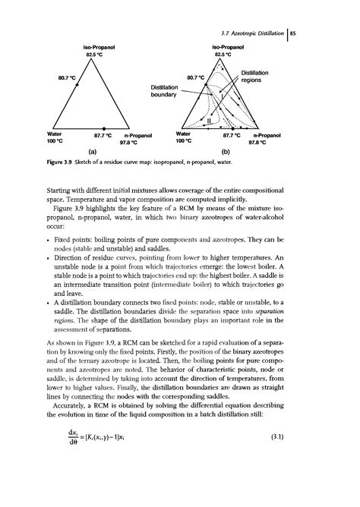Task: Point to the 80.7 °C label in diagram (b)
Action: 197,77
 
